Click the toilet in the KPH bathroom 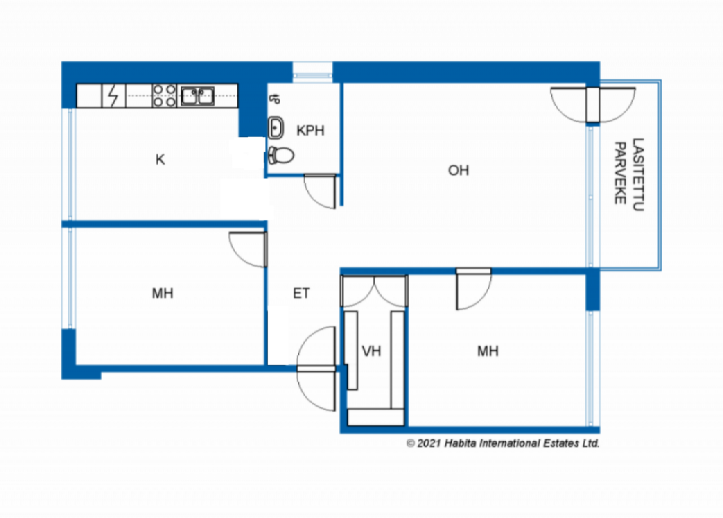pos(281,155)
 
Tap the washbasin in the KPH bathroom pos(276,128)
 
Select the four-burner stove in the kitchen pos(164,95)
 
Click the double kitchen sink pos(198,96)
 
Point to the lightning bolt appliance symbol pos(113,95)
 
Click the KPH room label pos(311,130)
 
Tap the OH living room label pos(458,171)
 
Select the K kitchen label pos(160,159)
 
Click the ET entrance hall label pos(301,293)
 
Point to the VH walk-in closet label pos(371,351)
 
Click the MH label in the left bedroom pos(163,293)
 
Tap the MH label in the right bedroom pos(488,351)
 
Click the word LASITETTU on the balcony pos(638,175)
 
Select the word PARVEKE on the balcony pos(620,173)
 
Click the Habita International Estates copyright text pos(503,443)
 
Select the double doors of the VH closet pos(374,290)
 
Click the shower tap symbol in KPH pos(275,99)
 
